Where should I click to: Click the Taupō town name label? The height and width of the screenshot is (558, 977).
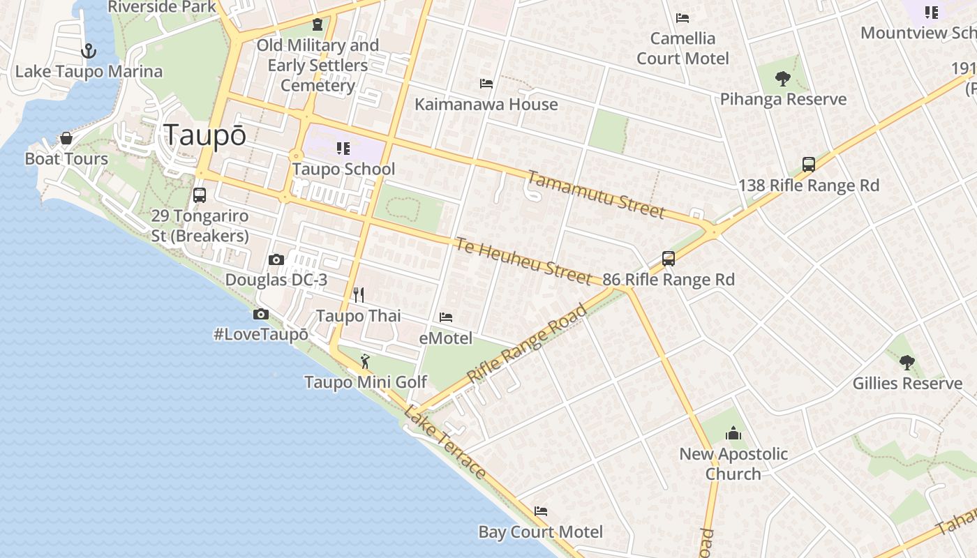tap(204, 135)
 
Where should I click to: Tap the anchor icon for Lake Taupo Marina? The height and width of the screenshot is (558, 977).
tap(88, 51)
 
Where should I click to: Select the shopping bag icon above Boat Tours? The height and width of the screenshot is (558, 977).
tap(66, 138)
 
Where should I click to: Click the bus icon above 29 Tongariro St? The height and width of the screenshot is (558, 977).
tap(200, 195)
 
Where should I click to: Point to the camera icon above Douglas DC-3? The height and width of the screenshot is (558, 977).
tap(276, 260)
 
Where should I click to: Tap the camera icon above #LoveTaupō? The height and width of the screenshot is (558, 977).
tap(261, 315)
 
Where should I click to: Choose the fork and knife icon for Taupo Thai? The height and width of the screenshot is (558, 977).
tap(359, 295)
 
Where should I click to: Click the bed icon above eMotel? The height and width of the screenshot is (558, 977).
tap(446, 317)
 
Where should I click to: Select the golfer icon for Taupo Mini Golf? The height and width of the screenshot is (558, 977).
tap(365, 361)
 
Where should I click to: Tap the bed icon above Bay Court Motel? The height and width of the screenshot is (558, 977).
tap(541, 511)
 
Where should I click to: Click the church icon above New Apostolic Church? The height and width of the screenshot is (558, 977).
tap(733, 434)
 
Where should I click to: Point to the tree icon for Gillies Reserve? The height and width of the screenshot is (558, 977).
tap(907, 363)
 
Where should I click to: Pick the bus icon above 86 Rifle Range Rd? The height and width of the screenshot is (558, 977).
tap(669, 259)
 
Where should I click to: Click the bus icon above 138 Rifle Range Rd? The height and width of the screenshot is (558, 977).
tap(809, 165)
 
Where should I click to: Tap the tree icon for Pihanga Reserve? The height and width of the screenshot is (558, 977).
tap(783, 79)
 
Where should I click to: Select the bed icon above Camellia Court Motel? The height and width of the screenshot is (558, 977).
tap(683, 18)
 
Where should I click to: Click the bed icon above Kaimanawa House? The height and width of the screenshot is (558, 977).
tap(486, 84)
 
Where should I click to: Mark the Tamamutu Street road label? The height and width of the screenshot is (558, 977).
tap(595, 195)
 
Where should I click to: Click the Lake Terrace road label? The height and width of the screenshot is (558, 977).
tap(445, 442)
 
